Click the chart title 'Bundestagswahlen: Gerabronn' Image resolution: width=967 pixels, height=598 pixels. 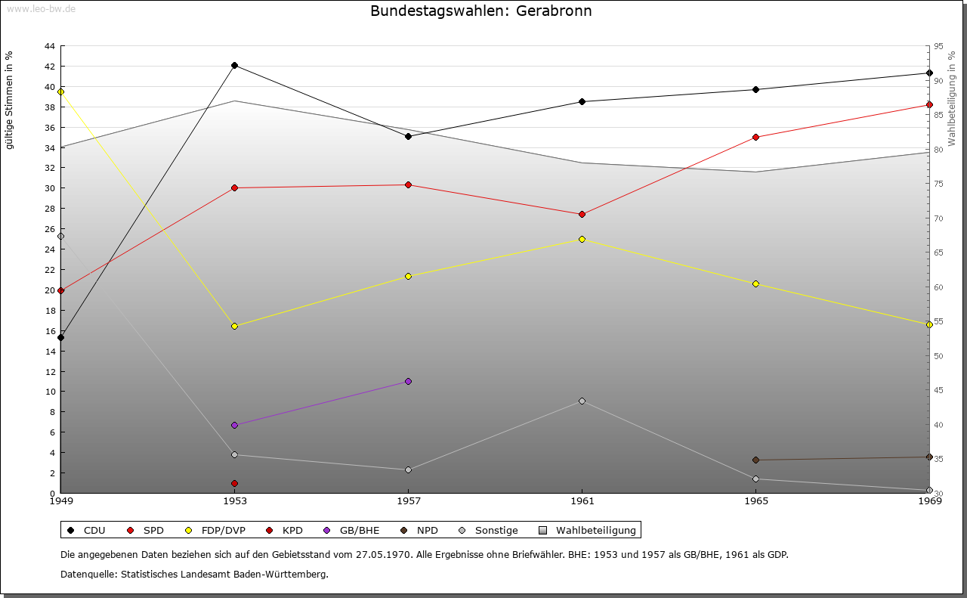(481, 11)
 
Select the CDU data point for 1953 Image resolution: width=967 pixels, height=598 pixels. (235, 66)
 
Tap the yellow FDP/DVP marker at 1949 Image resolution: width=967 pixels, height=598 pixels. (61, 92)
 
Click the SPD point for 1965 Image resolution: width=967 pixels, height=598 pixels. (755, 138)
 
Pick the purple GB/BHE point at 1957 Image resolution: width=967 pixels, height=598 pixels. (409, 382)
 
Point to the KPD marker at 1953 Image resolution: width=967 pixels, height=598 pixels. (235, 484)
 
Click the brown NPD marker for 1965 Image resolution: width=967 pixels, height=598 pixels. (755, 460)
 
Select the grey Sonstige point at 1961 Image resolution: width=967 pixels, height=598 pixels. (582, 401)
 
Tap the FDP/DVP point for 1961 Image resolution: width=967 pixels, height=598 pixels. (582, 240)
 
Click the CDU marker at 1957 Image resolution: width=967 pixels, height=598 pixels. (409, 137)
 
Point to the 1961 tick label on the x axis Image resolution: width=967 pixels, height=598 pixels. (582, 500)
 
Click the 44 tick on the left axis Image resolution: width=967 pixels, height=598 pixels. (49, 46)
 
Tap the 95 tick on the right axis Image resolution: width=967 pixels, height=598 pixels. (938, 46)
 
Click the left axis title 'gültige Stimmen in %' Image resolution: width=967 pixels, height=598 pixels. (10, 101)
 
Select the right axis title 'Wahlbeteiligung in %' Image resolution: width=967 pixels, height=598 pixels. (952, 98)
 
